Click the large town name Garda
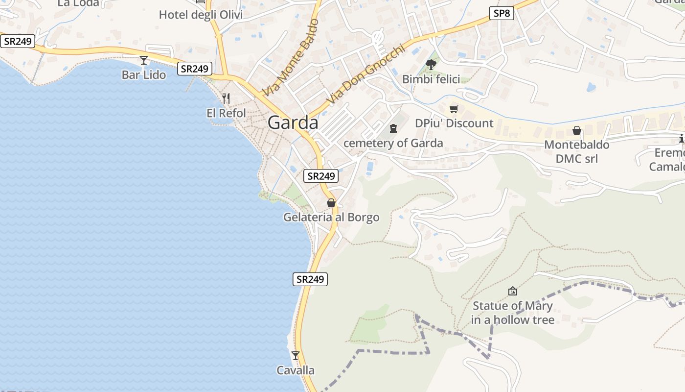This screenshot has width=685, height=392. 293,122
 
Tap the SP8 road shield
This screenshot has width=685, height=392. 502,13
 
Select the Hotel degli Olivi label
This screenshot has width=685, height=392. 201,15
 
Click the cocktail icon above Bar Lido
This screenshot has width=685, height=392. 144,60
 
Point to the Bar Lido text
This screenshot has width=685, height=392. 144,75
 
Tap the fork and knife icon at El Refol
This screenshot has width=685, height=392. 226,98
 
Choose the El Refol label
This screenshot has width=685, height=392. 226,113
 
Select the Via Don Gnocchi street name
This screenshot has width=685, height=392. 366,74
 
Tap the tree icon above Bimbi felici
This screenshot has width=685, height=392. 431,64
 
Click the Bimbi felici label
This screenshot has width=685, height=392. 431,79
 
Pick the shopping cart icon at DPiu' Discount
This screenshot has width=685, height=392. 454,109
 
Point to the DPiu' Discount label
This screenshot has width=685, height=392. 454,123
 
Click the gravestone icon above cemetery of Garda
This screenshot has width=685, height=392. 393,128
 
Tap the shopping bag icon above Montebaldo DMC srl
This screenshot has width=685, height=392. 577,130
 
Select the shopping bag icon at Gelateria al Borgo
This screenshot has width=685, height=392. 331,203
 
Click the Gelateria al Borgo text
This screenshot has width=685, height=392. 331,217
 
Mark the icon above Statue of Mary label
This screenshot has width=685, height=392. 513,291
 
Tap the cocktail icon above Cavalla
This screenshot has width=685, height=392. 295,355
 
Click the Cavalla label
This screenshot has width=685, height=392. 296,370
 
